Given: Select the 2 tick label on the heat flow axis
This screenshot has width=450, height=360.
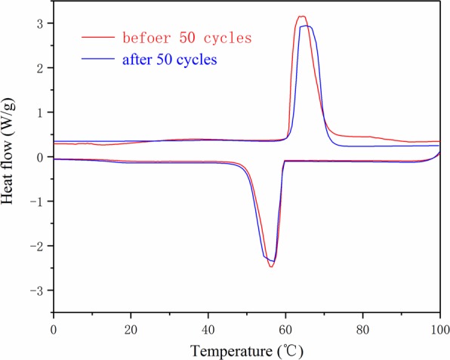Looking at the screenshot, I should pyautogui.click(x=39, y=68).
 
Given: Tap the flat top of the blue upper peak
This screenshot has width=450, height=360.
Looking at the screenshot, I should pyautogui.click(x=306, y=26).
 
